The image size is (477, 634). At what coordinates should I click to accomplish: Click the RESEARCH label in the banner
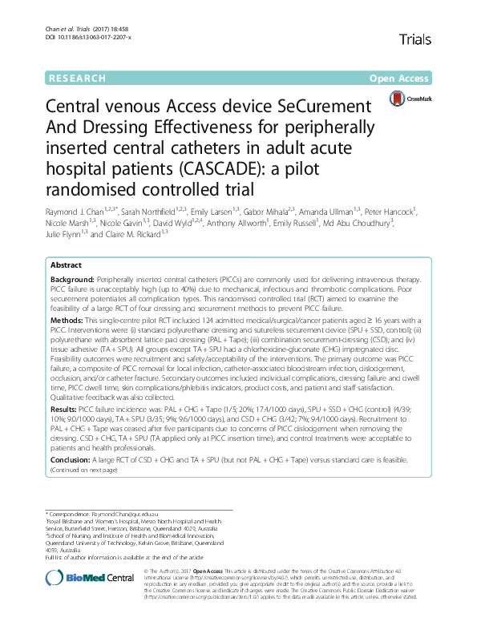point(78,79)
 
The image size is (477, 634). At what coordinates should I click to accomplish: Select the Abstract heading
point(66,265)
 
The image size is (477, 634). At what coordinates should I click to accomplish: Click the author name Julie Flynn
point(67,235)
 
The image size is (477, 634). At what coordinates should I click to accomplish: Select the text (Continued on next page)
point(84,470)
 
